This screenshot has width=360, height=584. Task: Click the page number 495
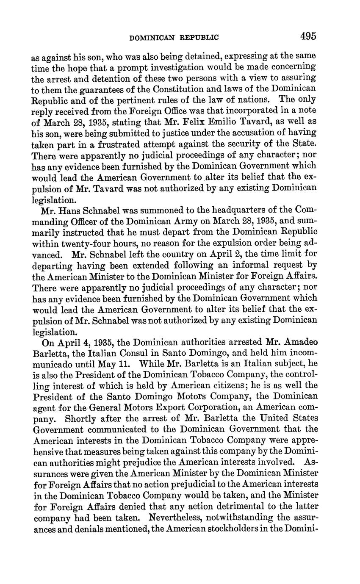308,36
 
